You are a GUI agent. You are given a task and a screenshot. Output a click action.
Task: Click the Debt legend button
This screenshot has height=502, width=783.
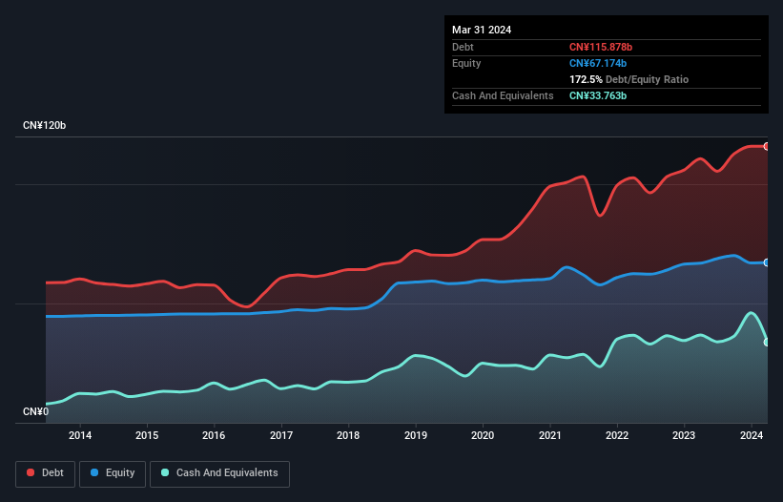coord(45,473)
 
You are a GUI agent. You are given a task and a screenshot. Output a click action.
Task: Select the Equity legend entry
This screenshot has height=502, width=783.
coord(113,473)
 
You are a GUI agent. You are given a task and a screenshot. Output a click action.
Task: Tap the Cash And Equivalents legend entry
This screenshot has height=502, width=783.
coord(219,473)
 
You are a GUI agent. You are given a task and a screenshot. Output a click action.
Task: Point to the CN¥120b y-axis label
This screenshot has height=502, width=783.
coord(45,126)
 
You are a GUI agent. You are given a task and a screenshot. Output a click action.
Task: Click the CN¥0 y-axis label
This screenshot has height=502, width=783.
coord(36,412)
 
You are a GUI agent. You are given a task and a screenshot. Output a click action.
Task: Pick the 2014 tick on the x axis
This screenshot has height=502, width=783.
coord(80,436)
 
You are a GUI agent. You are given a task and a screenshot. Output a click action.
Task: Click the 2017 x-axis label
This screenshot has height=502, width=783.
coord(282,436)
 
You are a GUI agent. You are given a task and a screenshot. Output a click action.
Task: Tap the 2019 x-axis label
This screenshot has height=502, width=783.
coord(416,436)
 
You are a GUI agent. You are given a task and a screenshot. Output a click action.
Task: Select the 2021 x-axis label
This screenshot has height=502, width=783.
coord(550,436)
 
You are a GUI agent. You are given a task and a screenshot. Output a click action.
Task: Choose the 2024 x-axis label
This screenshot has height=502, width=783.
coord(752,436)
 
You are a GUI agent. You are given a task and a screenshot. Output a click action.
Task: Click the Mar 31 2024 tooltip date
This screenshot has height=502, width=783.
coord(482,30)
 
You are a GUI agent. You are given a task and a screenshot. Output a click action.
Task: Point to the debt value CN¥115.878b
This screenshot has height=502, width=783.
coord(600,47)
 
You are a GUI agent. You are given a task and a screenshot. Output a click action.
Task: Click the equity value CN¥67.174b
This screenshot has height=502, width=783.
coord(597,63)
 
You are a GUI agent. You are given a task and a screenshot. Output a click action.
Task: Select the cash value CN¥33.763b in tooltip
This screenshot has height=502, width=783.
coord(598,95)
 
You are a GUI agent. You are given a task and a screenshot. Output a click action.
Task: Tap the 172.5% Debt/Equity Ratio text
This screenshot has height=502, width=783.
coord(628,79)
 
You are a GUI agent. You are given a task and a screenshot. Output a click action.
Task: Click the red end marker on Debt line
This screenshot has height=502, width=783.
coord(767,146)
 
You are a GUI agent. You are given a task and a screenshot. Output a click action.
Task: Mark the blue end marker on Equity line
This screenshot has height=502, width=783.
coord(767,262)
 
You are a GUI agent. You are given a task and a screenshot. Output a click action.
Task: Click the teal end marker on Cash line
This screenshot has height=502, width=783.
coord(767,342)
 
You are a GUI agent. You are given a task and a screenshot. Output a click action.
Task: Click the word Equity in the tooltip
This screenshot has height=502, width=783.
coord(466,63)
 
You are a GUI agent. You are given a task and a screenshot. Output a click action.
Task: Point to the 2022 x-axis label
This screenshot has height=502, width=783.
coord(617,436)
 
